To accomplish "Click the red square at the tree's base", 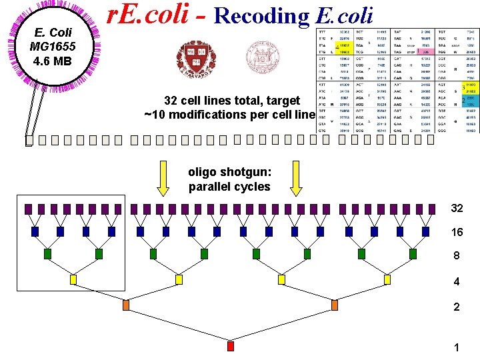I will pyautogui.click(x=231, y=346).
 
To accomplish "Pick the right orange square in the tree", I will pyautogui.click(x=333, y=305).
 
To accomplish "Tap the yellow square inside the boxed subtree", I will pyautogui.click(x=73, y=278).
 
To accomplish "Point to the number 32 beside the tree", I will pyautogui.click(x=457, y=208).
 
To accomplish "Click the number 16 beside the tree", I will pyautogui.click(x=457, y=232).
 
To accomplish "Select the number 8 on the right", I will pyautogui.click(x=457, y=256).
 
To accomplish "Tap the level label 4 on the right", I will pyautogui.click(x=457, y=281).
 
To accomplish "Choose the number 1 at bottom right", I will pyautogui.click(x=457, y=348).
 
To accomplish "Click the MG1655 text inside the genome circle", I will pyautogui.click(x=53, y=46).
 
